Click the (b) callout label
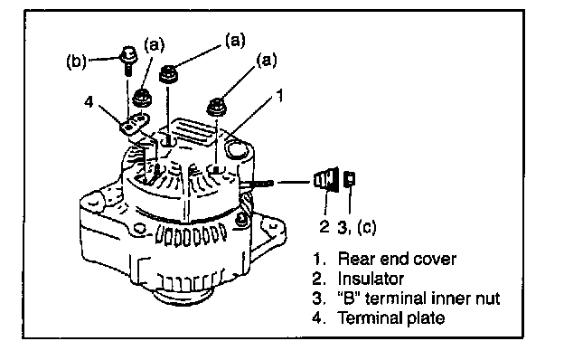pos(76,61)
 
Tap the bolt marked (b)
pos(128,60)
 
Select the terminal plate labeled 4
pos(134,123)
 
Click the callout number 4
pos(89,102)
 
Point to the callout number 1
pos(279,95)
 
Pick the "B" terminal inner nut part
pos(350,178)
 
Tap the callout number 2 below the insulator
pos(324,226)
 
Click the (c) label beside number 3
pos(367,227)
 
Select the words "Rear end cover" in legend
pos(397,259)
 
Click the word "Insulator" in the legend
pos(371,279)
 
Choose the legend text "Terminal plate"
pos(390,317)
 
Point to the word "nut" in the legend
pos(487,298)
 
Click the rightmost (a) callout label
pos(267,60)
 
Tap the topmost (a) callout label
pos(235,40)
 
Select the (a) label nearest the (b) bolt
pos(154,45)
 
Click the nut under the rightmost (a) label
pos(217,107)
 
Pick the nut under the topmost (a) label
pos(169,74)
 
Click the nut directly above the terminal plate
pos(142,98)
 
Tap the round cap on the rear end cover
pos(236,148)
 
